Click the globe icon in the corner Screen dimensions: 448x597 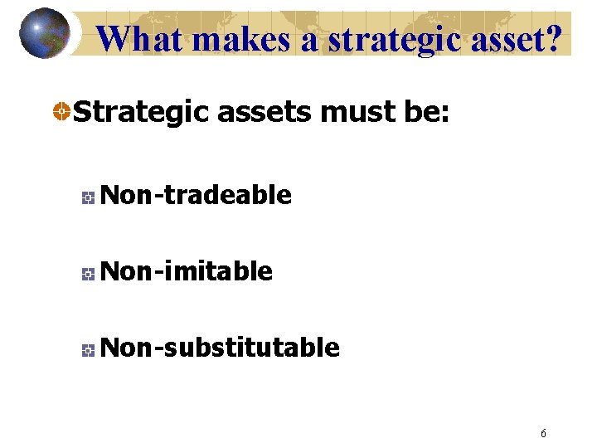point(45,33)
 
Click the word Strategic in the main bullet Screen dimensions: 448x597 point(141,110)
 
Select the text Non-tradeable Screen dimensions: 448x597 point(196,195)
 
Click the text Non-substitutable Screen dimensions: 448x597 point(220,347)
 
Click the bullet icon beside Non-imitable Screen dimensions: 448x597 point(87,273)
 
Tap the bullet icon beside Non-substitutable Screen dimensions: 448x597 point(87,349)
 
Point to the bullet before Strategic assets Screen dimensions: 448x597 point(61,111)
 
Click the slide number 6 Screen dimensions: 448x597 point(543,432)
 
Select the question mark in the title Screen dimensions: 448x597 point(561,38)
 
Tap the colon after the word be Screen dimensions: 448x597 point(445,114)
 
